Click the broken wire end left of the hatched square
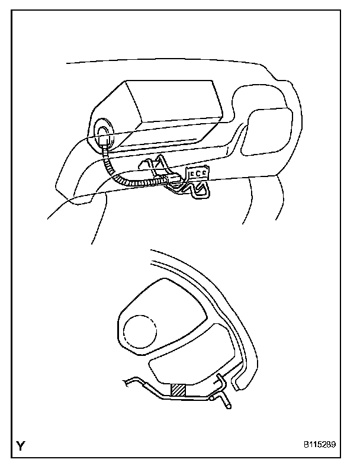point(127,384)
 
